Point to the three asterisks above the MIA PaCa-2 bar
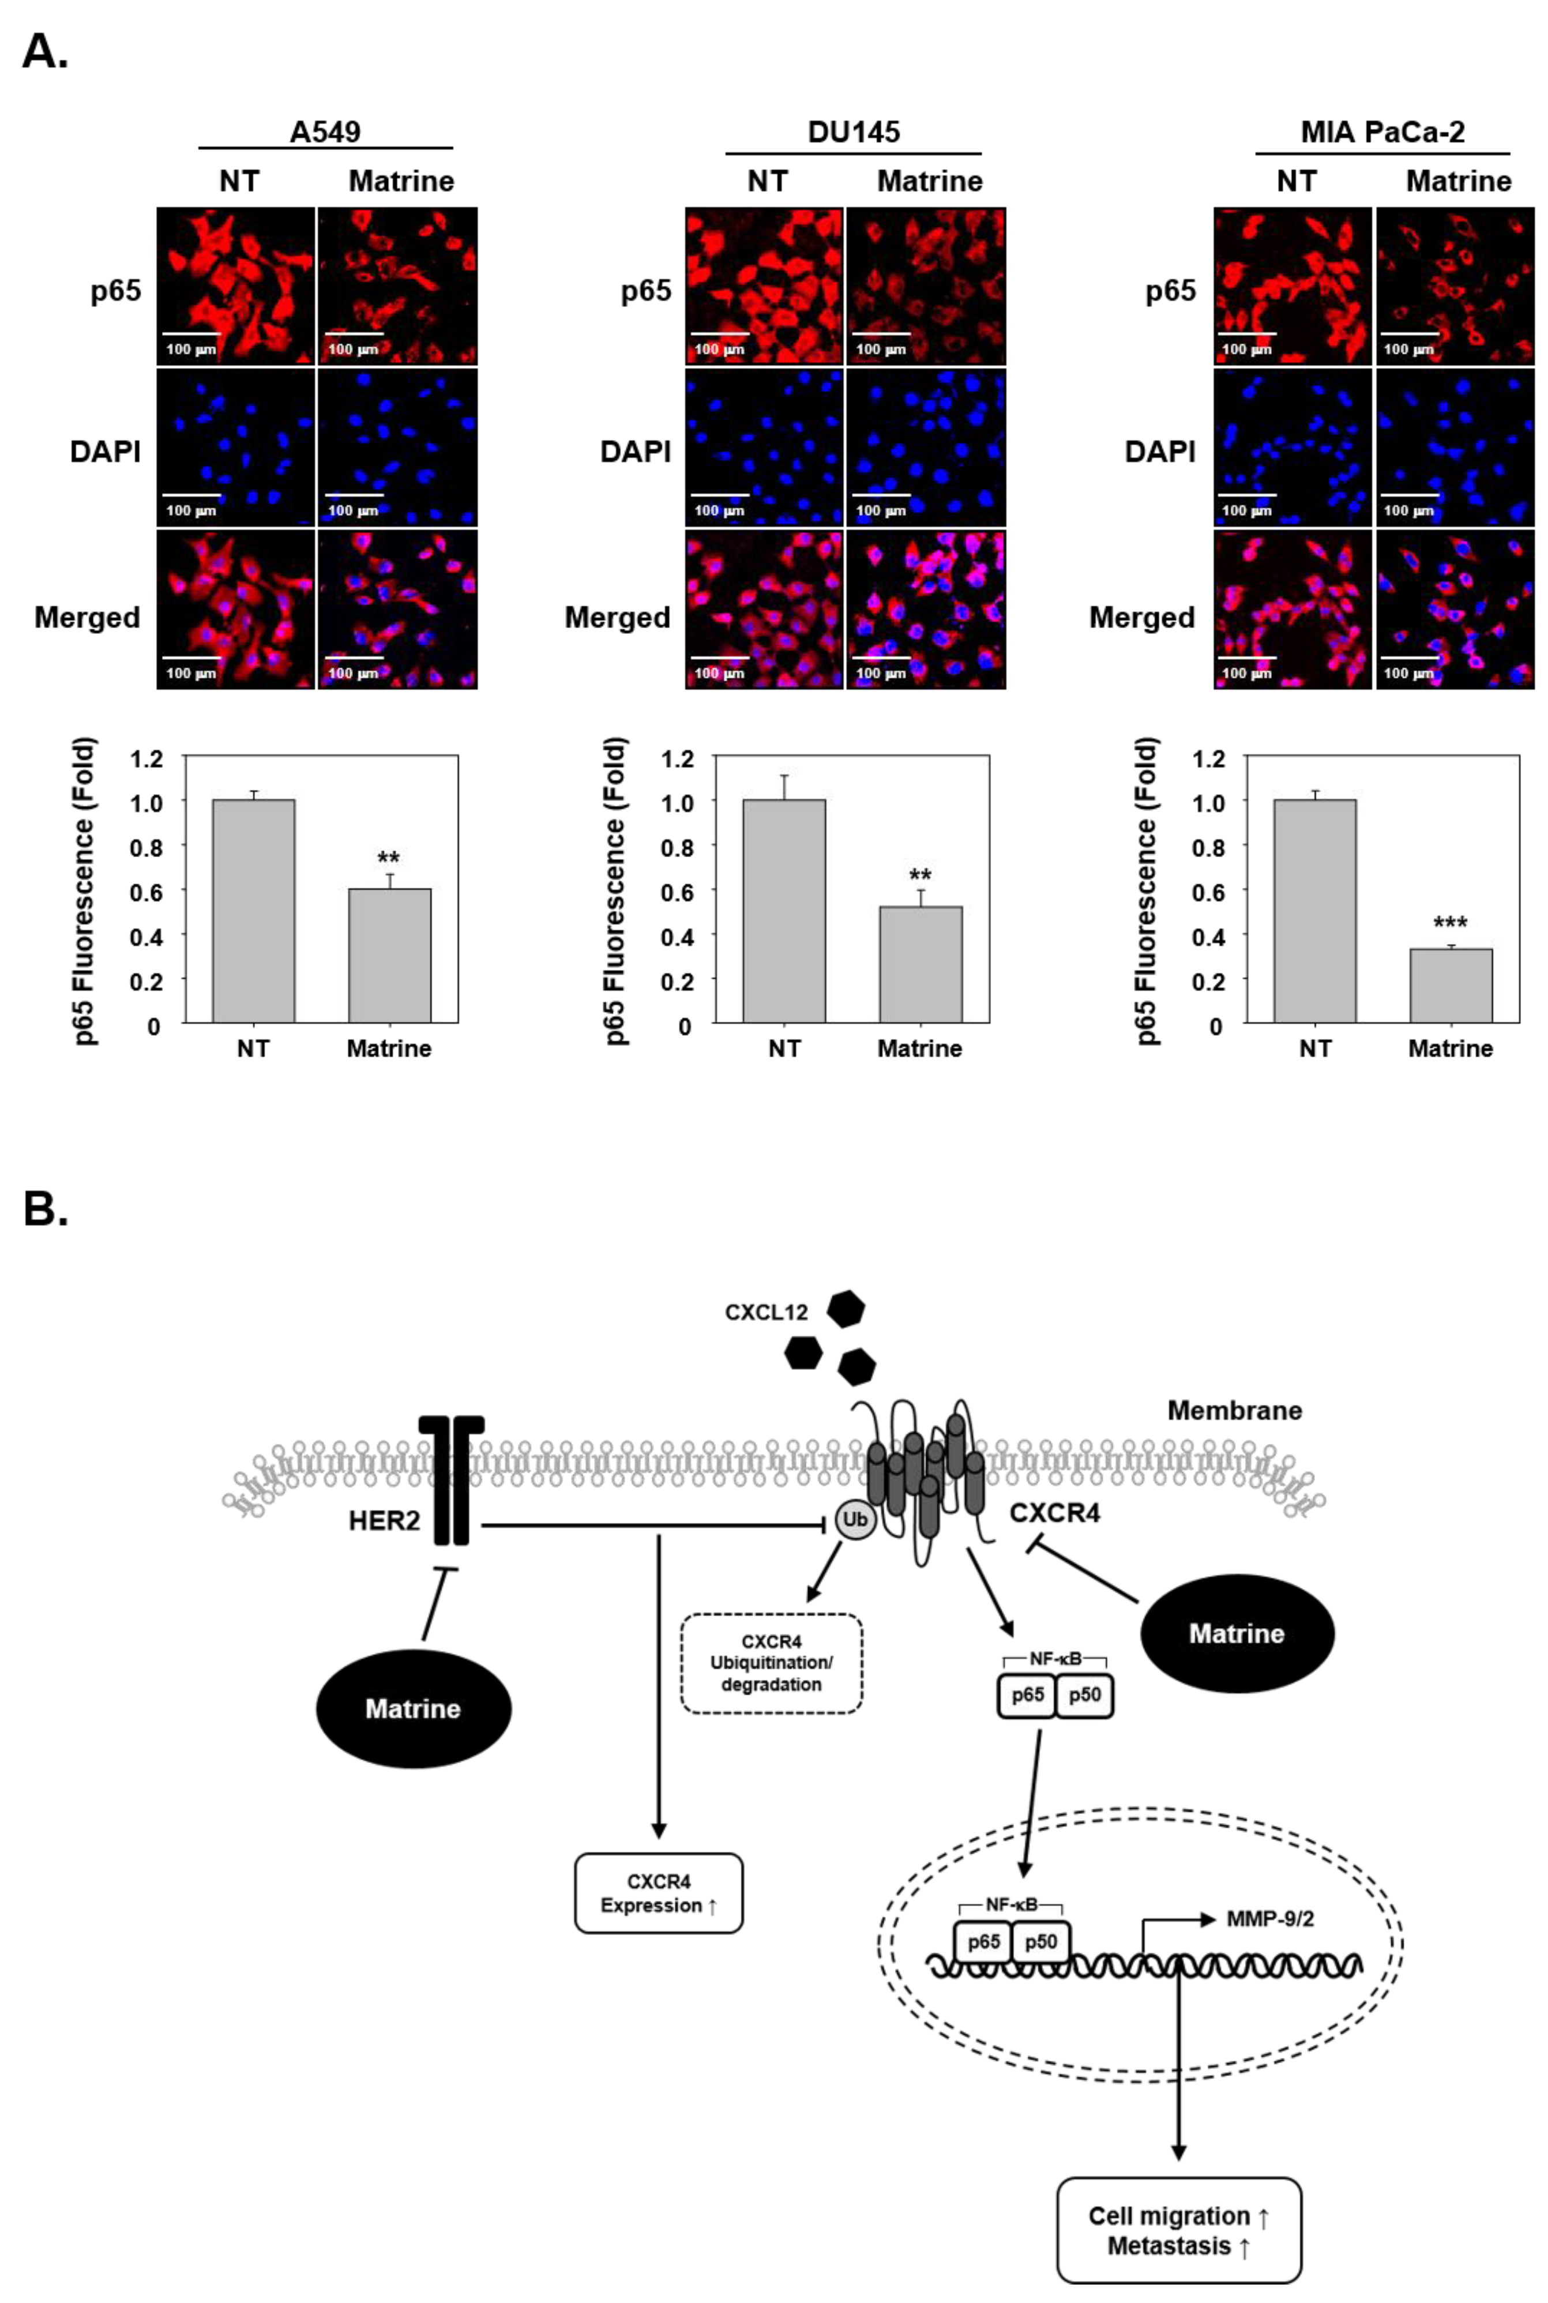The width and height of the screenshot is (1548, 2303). point(1451,923)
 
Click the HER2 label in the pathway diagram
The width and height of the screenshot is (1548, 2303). point(384,1521)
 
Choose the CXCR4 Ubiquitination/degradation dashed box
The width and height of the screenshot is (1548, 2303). point(771,1663)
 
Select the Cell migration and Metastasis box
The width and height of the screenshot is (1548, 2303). point(1179,2230)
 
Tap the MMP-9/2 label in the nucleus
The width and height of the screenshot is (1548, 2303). point(1269,1919)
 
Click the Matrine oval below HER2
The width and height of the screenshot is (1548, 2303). point(414,1709)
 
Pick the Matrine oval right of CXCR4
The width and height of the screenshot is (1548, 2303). point(1237,1634)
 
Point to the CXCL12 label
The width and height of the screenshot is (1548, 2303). point(766,1312)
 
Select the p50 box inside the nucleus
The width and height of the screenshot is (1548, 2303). point(1040,1943)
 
